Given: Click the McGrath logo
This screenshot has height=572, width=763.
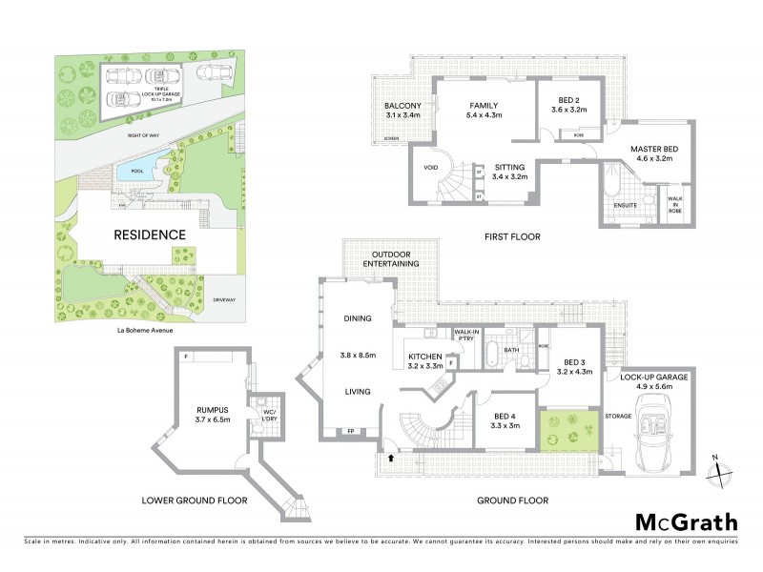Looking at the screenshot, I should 686,521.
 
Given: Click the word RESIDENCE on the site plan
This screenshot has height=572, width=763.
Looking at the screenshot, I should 150,235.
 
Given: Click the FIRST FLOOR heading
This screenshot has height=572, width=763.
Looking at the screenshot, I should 513,236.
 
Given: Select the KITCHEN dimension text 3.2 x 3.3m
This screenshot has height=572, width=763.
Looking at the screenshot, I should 425,365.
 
